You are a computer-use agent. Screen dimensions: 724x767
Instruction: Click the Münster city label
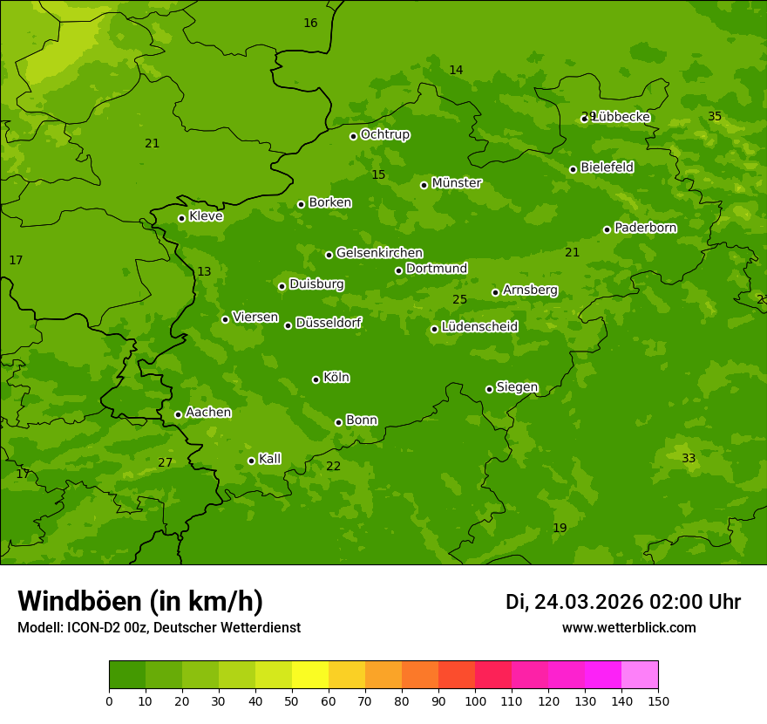tap(457, 183)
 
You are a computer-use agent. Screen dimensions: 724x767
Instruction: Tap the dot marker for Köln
tap(316, 379)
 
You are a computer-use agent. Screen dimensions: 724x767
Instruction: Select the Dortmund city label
tap(437, 269)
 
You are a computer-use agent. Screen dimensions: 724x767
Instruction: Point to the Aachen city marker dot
tap(178, 414)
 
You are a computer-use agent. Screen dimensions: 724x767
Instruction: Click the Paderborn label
tap(645, 228)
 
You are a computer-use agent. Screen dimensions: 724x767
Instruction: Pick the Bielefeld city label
tap(607, 167)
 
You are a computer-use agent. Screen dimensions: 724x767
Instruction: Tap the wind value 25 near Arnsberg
tap(460, 300)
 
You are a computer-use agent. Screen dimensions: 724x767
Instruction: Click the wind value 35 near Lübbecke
tap(715, 117)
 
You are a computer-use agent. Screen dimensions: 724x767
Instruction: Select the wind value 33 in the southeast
tap(689, 459)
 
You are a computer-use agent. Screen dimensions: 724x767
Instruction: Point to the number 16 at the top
tap(310, 24)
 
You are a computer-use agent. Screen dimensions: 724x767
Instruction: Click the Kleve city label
tap(206, 216)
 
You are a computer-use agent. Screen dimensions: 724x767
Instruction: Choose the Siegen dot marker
tap(489, 389)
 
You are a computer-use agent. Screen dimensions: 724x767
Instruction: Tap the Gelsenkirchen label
tap(379, 253)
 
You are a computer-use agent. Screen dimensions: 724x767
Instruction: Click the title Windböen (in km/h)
tap(140, 601)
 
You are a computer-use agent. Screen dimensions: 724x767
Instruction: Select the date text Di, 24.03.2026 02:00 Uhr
tap(623, 602)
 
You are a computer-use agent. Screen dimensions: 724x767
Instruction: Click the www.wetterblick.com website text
tap(628, 628)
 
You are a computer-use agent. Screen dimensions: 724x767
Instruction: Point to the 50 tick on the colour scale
tap(292, 700)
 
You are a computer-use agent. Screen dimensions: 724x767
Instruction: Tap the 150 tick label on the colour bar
tap(658, 700)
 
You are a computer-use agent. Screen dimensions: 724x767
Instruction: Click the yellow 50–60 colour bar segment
tap(310, 675)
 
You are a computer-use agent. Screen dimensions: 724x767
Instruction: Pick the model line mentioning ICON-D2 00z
tap(159, 628)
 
